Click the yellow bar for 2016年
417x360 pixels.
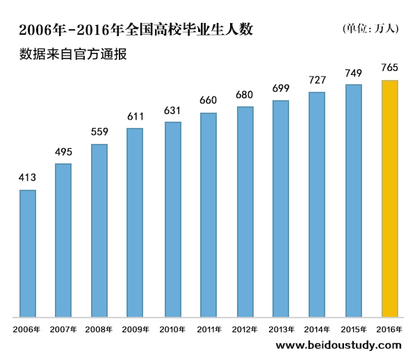pos(390,199)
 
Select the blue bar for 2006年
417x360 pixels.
pos(27,254)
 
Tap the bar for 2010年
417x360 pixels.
pos(172,220)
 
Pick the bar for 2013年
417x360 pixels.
pos(281,209)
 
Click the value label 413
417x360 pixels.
pos(27,179)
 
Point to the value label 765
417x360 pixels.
pos(390,68)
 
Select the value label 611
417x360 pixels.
pos(136,117)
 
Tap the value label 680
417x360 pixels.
pos(245,95)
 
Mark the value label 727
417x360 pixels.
pos(317,80)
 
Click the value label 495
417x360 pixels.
pos(63,152)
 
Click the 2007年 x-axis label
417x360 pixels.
pos(63,329)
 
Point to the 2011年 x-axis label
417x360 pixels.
pos(208,329)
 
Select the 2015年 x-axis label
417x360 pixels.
pos(354,329)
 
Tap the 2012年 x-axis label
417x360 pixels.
pos(245,329)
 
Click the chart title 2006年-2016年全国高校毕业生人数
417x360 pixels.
pos(136,30)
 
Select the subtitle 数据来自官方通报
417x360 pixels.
pos(73,54)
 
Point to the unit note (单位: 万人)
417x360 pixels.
pos(370,28)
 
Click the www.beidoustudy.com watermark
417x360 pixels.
pos(338,345)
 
